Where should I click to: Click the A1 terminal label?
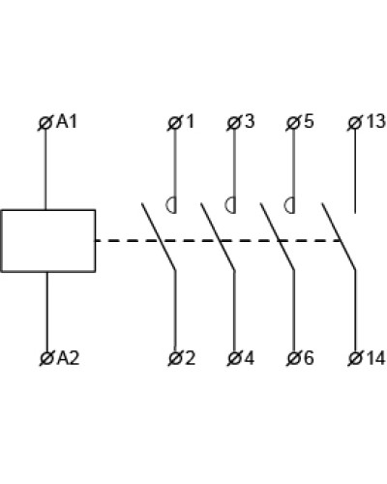tap(67, 122)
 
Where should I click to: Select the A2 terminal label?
tap(68, 358)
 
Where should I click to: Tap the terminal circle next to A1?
tap(45, 123)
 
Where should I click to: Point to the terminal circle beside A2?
tap(47, 358)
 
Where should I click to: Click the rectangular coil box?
tap(48, 241)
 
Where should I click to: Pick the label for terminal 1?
tap(191, 122)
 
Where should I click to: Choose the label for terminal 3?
tap(249, 122)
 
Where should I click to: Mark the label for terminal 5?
tap(309, 122)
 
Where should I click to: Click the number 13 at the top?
tap(375, 122)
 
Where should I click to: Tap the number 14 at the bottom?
tap(375, 358)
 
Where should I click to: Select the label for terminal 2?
tap(190, 358)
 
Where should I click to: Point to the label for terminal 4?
tap(249, 358)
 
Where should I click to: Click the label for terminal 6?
tap(309, 358)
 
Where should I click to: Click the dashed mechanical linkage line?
tap(218, 241)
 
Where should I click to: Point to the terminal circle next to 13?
tap(355, 123)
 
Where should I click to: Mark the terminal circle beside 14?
tap(356, 358)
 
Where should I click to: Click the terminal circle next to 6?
tap(293, 358)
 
